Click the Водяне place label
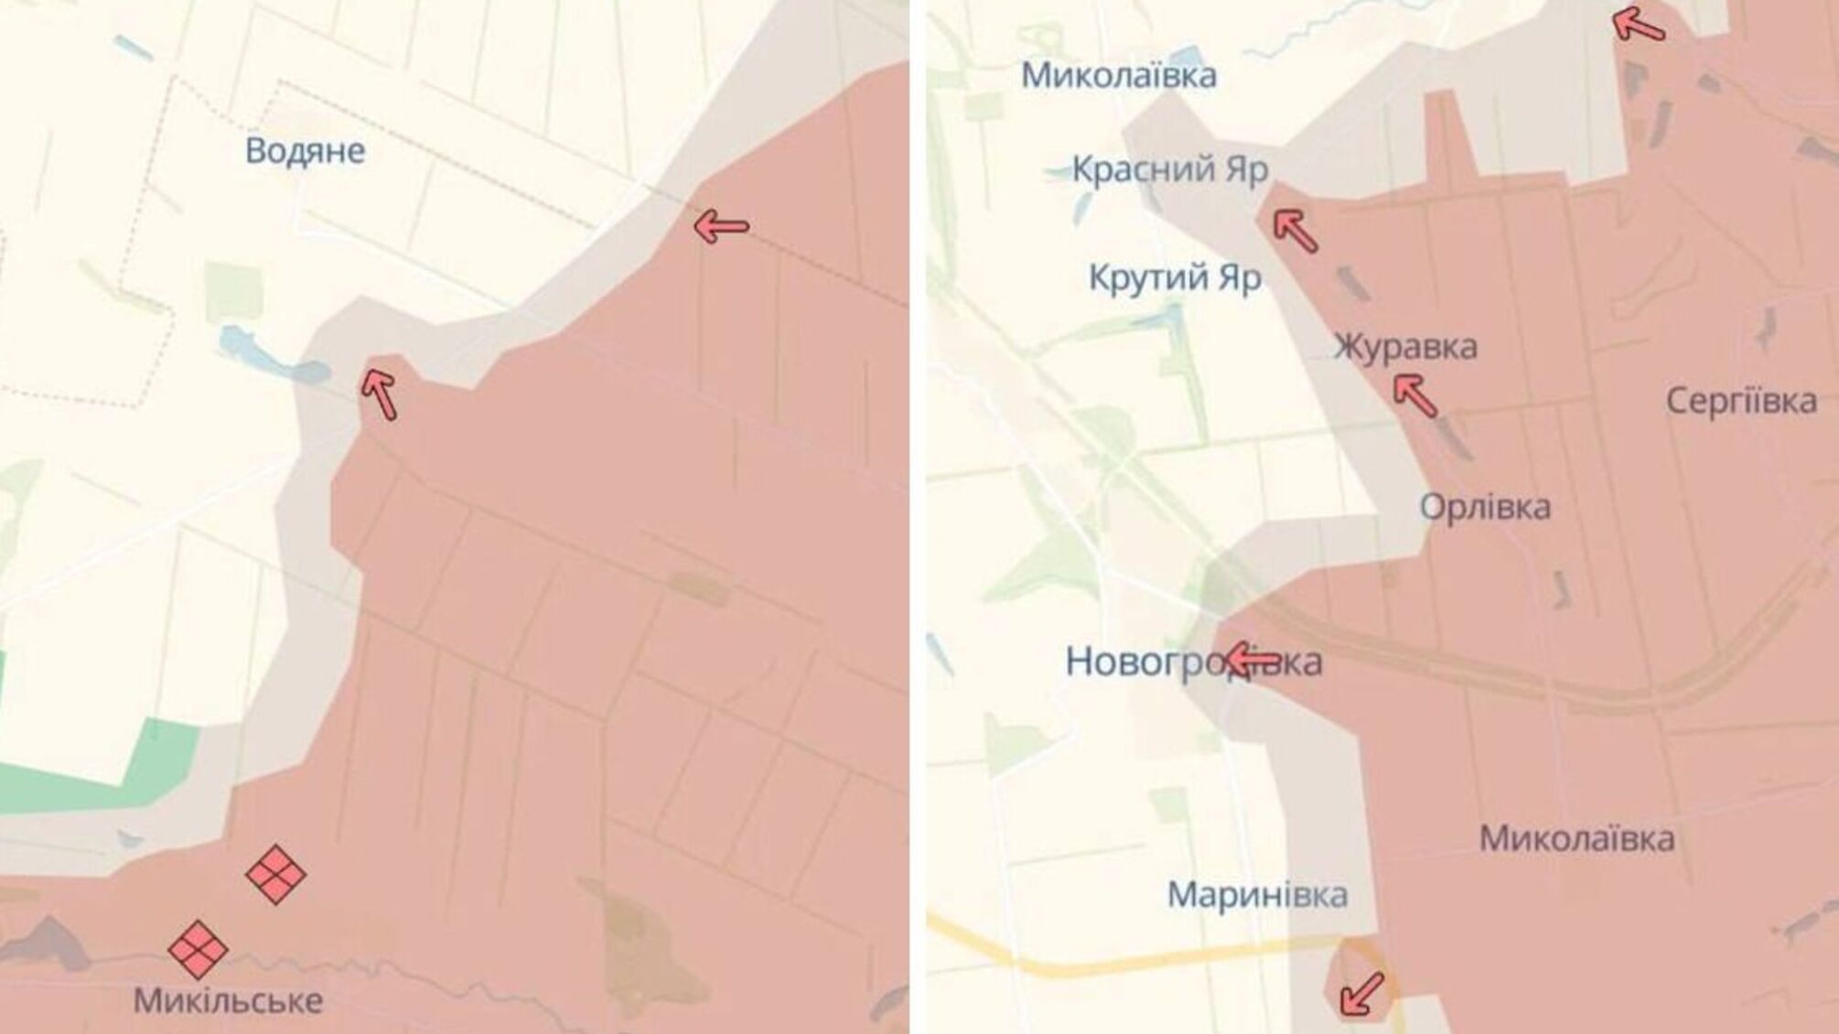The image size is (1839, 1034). pos(305,151)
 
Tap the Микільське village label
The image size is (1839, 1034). pos(228,1000)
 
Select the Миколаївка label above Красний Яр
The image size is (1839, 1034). pos(1118,75)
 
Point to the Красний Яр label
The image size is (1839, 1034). pos(1169,169)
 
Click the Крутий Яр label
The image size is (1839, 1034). pos(1174,277)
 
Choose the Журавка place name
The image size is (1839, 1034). pos(1404,347)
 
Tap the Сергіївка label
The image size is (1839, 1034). pos(1740,401)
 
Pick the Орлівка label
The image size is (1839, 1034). pos(1484,507)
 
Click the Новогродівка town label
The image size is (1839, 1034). pos(1193,662)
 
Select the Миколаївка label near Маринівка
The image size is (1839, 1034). pos(1576,838)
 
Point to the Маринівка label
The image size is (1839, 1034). pos(1257,895)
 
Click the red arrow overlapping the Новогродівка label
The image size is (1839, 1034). pos(1253,659)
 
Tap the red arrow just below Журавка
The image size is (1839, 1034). pos(1414,396)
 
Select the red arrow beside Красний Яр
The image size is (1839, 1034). pos(1296,231)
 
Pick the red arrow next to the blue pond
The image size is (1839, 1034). pos(379,393)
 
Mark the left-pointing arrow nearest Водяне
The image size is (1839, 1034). pos(721,225)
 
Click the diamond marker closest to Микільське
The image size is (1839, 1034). pos(198,949)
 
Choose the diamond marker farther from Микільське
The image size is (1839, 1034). pos(275,875)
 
